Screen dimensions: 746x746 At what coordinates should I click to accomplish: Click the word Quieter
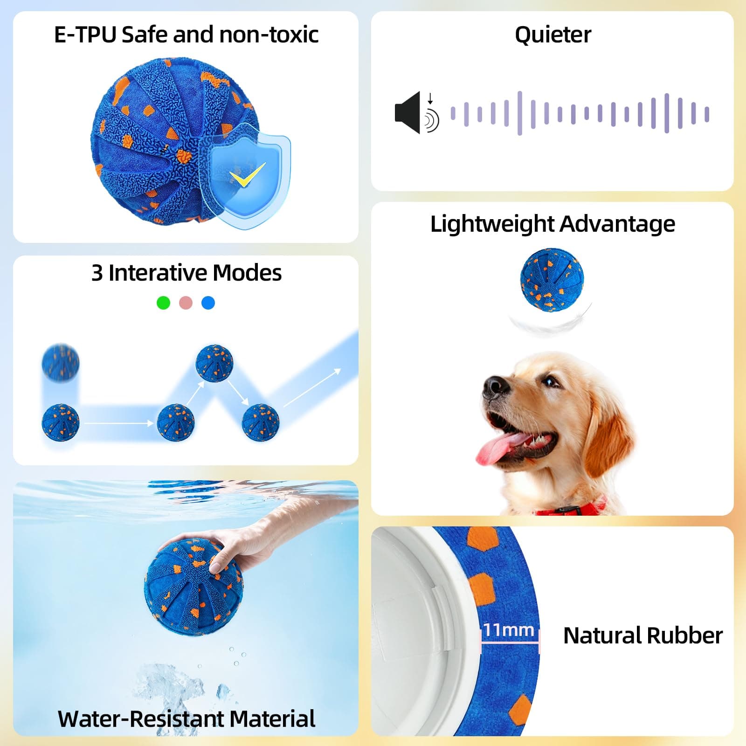click(x=553, y=35)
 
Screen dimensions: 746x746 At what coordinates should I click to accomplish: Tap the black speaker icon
click(x=408, y=112)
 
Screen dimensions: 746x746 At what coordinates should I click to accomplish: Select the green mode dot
click(x=163, y=303)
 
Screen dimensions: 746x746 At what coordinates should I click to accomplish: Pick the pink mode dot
click(x=186, y=303)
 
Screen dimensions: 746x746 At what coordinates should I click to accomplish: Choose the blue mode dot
click(x=208, y=303)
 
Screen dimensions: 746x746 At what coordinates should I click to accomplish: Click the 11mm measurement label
click(x=508, y=630)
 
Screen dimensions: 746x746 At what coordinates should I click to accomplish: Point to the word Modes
click(x=248, y=273)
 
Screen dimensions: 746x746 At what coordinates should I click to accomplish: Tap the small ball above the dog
click(x=552, y=279)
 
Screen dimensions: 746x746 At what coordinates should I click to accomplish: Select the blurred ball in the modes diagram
click(x=61, y=362)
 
